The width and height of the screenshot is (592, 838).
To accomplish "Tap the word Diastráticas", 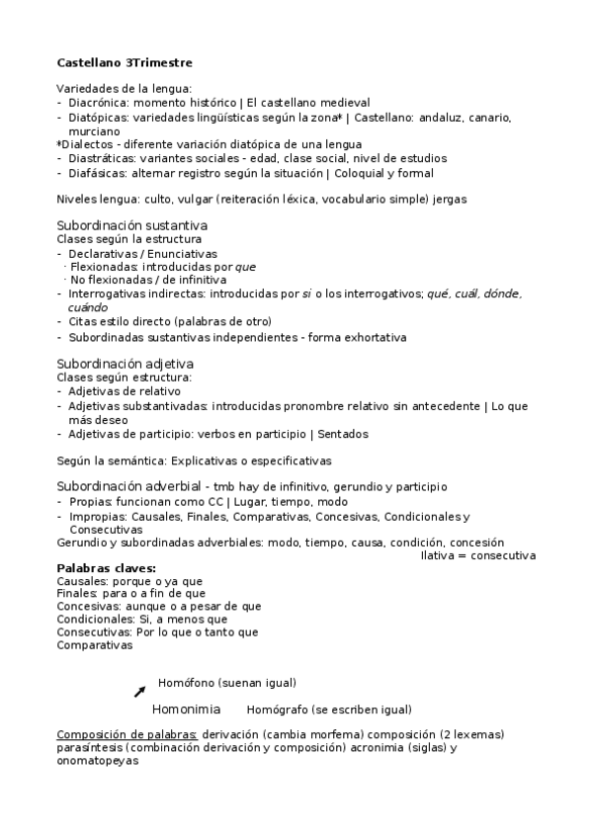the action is [103, 158].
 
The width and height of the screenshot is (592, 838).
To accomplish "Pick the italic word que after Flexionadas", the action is [246, 267].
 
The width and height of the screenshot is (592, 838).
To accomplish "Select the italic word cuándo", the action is [88, 307].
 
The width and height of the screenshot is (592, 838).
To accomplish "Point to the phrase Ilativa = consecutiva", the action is [478, 555].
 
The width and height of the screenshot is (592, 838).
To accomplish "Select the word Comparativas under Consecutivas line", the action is [95, 645].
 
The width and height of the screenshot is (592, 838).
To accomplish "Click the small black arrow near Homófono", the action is [139, 691].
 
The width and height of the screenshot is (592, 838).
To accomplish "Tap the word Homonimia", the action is [186, 710].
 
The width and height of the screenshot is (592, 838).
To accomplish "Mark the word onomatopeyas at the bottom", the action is [99, 763].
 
